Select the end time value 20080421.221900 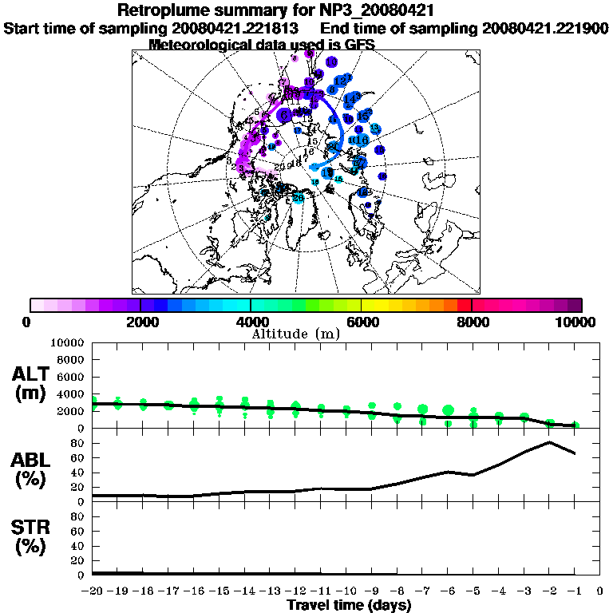click(x=545, y=28)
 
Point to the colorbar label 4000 click(x=251, y=322)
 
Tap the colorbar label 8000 click(x=472, y=322)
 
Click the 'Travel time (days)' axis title click(x=349, y=605)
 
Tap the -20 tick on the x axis click(x=93, y=591)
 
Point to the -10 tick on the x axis click(x=346, y=591)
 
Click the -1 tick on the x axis click(x=575, y=591)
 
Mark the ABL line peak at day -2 click(x=549, y=442)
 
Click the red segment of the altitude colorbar click(x=464, y=305)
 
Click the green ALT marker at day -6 click(x=448, y=410)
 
